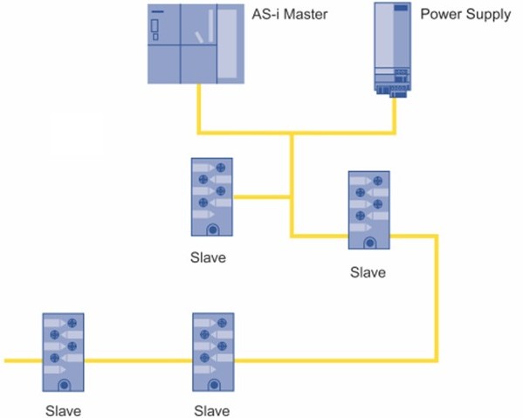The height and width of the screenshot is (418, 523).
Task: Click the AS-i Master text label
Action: point(290,14)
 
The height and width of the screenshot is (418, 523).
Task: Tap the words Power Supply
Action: point(465,14)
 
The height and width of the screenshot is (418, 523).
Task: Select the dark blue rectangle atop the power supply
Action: point(401,7)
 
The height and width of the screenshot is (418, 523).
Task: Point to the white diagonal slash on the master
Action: point(199,38)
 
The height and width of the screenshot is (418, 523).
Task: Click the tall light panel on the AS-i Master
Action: point(228,44)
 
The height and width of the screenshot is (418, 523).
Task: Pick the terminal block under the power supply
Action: point(393,91)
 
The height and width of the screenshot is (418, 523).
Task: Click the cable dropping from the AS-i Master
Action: point(199,109)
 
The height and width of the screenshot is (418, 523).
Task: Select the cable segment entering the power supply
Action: point(394,116)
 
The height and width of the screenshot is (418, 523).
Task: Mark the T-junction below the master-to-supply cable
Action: point(292,133)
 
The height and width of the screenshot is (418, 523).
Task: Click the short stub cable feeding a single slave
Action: point(261,197)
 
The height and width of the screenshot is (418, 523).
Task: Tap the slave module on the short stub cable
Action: point(212,197)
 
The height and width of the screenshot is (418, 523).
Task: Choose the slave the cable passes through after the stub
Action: point(369,210)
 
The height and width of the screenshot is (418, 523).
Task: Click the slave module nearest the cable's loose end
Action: point(64,352)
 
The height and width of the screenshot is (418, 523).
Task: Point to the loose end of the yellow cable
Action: point(4,360)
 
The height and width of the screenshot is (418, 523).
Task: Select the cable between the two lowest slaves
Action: point(139,360)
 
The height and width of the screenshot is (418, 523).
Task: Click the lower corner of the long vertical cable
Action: point(436,360)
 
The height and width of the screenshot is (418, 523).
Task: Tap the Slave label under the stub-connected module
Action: point(208,257)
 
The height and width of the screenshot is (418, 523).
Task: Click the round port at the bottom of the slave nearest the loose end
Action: point(64,386)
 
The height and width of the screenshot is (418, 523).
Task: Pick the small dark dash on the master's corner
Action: point(158,11)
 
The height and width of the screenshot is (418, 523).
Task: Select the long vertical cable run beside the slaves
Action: point(436,298)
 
